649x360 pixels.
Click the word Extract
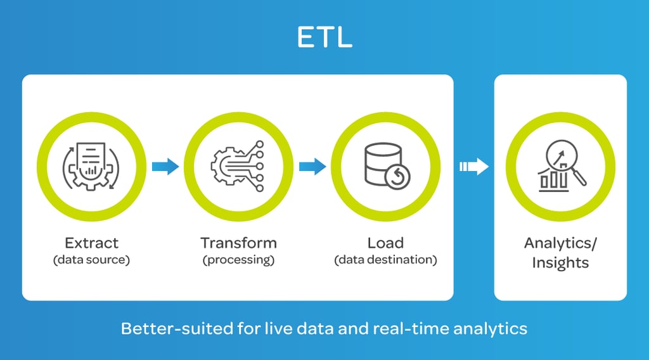91,243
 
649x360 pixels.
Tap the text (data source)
91,259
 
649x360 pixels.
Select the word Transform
238,243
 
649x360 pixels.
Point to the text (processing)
238,259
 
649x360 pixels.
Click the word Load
385,243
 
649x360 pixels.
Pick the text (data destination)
385,259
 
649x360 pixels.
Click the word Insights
560,262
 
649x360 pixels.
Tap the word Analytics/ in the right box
560,243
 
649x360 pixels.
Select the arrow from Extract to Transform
165,167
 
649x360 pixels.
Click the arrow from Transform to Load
312,167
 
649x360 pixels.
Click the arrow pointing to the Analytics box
473,167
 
